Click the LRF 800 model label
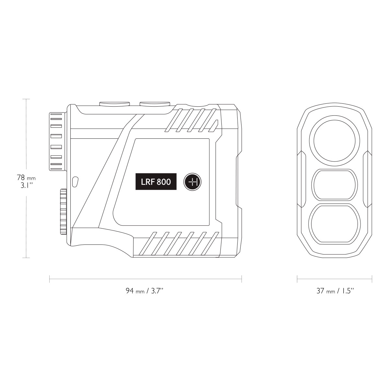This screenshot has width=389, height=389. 156,182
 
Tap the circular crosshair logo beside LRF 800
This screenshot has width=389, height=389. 193,182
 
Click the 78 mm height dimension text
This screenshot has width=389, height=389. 26,178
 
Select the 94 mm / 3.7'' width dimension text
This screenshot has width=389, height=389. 145,291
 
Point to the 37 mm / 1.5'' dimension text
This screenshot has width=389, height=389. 335,291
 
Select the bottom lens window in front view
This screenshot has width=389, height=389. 335,224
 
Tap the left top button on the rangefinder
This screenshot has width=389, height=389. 114,103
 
